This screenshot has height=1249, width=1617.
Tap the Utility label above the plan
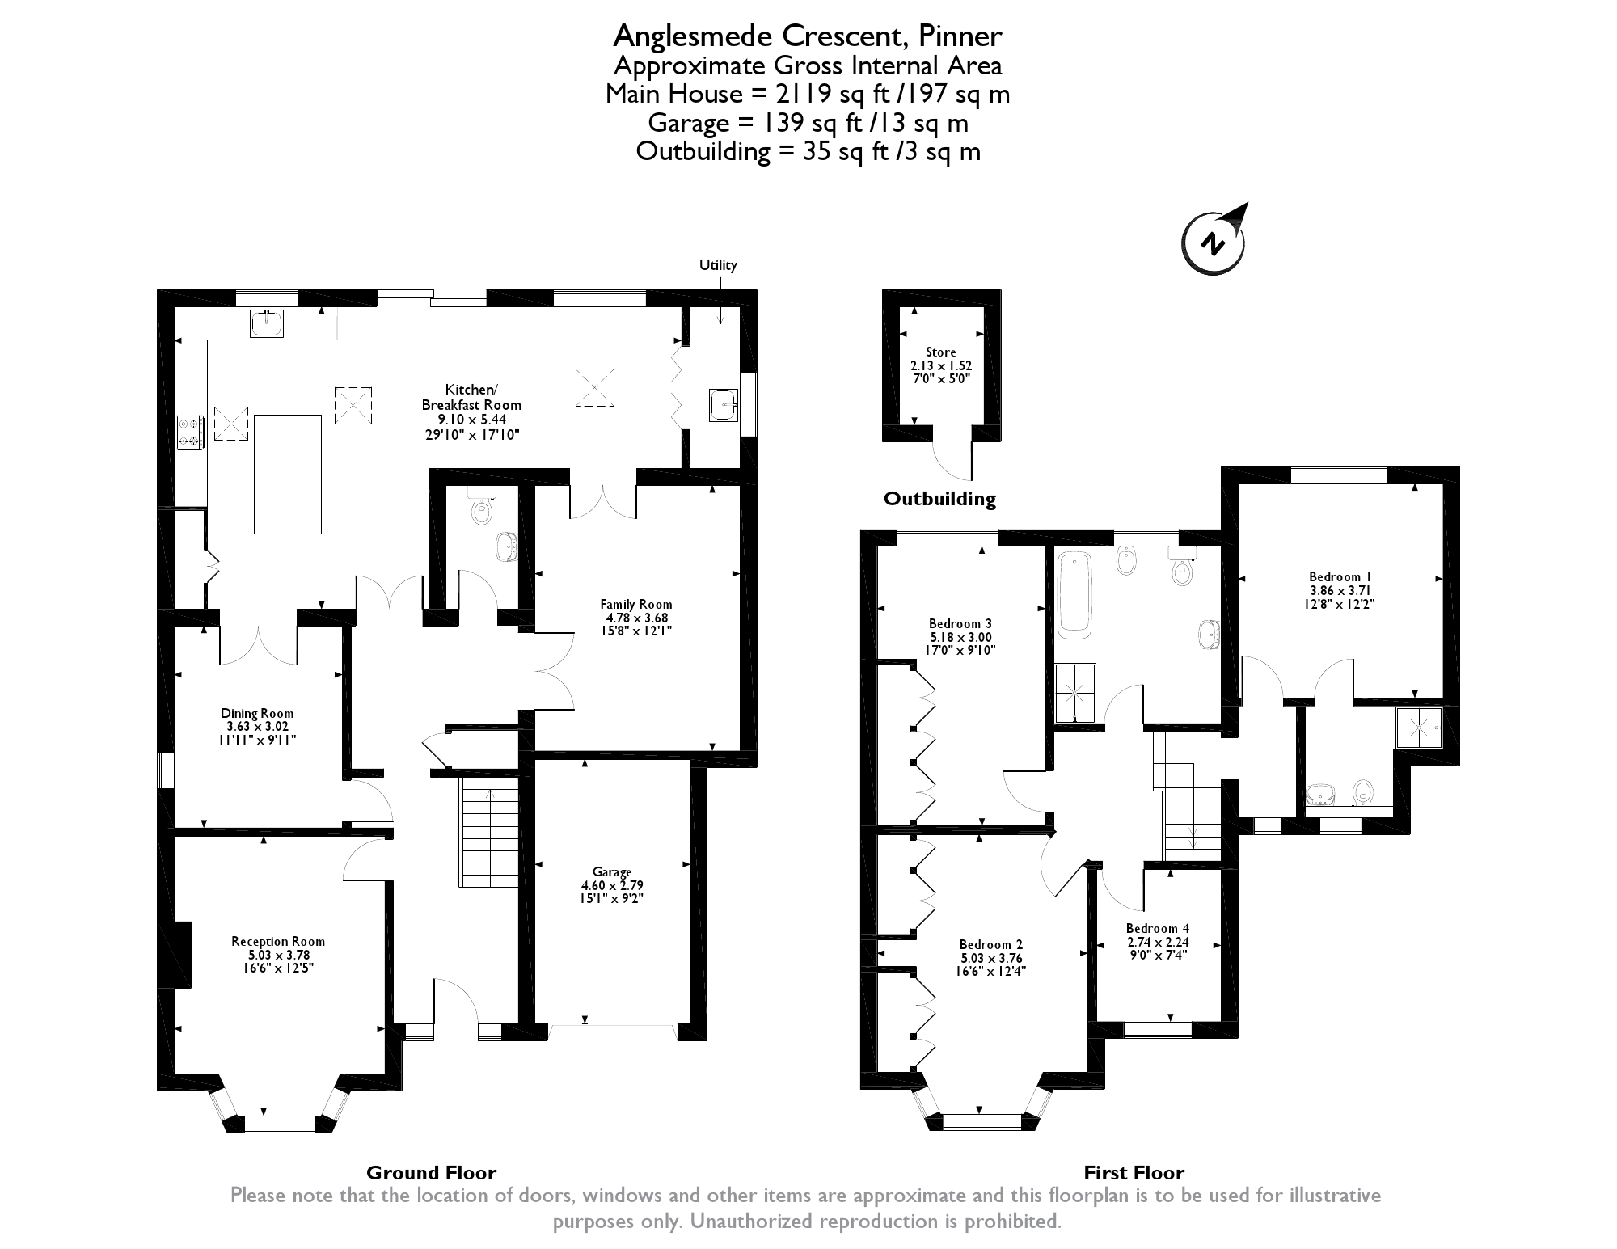pos(718,265)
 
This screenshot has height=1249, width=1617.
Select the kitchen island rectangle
pos(288,474)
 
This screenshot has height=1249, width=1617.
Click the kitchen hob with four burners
pos(191,431)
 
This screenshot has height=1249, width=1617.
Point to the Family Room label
pos(636,604)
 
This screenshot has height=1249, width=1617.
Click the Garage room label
pos(612,872)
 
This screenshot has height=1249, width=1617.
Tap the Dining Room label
pos(257,713)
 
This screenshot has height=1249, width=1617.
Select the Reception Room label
pos(278,941)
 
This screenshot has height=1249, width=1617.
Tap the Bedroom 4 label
pos(1158,928)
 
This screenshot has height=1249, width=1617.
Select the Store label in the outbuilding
pos(941,352)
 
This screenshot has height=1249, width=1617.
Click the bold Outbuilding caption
pos(939,499)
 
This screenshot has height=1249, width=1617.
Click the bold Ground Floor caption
pos(432,1173)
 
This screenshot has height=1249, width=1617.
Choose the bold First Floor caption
pos(1134,1173)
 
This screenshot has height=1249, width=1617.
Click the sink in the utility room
pos(724,405)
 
